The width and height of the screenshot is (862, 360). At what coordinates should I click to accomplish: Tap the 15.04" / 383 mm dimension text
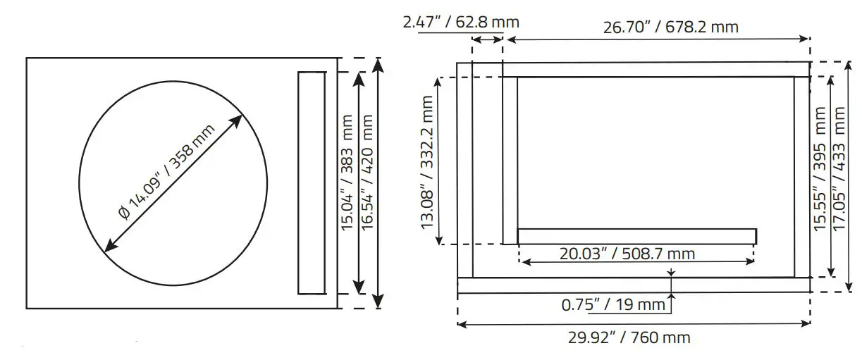click(347, 182)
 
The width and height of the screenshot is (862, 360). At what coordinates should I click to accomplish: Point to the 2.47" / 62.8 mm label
click(461, 22)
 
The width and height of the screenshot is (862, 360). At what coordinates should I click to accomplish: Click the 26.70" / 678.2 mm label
click(670, 27)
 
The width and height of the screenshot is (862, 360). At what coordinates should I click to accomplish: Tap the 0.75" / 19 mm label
click(613, 305)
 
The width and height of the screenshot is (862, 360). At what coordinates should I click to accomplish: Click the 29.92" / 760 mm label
click(629, 337)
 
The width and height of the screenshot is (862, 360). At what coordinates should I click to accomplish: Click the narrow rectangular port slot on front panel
click(311, 182)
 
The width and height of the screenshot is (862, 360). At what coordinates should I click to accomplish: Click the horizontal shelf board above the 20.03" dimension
click(636, 236)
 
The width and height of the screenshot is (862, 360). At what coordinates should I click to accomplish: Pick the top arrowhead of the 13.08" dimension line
click(440, 82)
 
